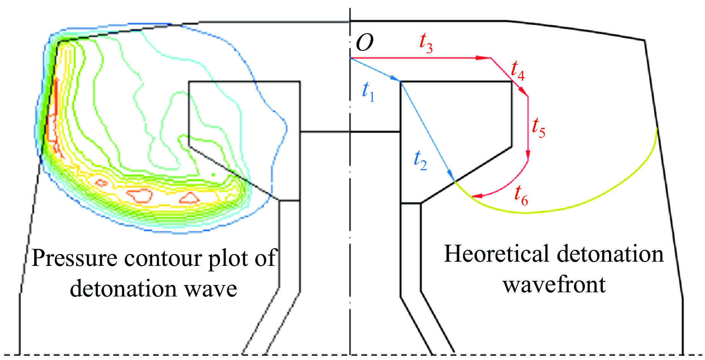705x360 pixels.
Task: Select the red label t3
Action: tap(426, 42)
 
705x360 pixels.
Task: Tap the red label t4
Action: tap(518, 71)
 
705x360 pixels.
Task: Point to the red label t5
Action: tap(539, 128)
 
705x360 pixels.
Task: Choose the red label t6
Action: tap(521, 195)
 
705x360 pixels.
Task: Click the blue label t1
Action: tap(368, 92)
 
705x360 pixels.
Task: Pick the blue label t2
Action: tap(420, 160)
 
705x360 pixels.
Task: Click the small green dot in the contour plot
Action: tap(213, 175)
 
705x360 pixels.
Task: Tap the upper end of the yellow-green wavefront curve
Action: tap(656, 129)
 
